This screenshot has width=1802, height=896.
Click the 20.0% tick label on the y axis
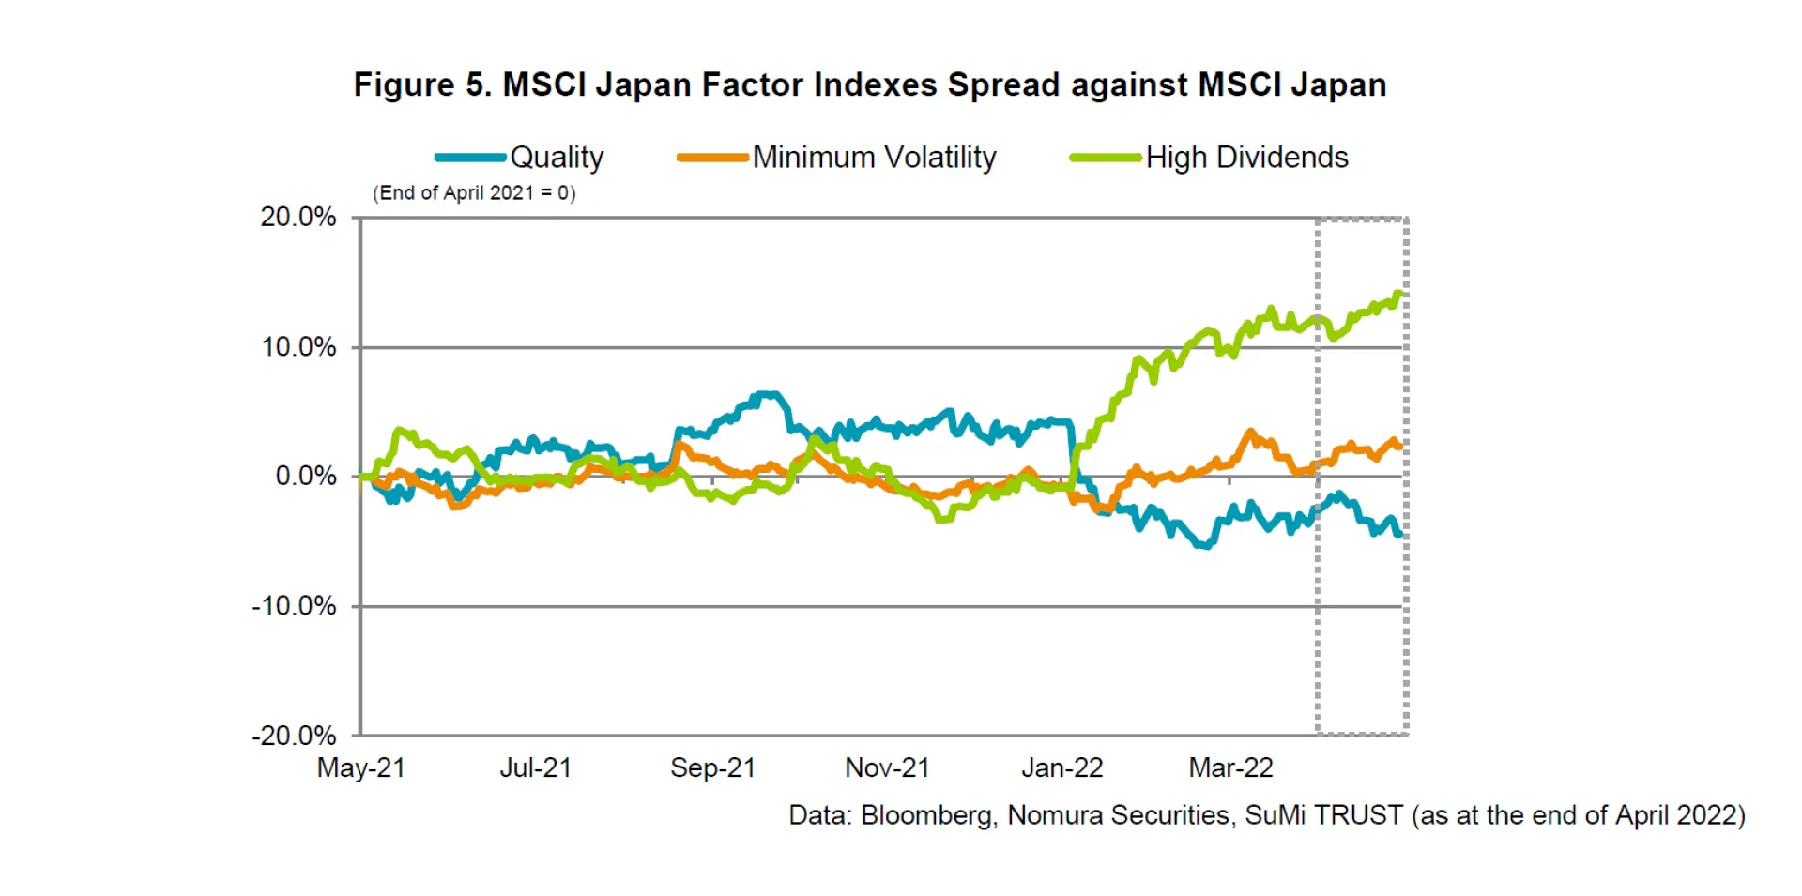click(x=298, y=217)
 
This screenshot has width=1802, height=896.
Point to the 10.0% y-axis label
click(x=298, y=347)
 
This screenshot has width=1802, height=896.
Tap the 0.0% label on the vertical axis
click(x=305, y=476)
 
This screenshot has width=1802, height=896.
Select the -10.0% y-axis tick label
click(x=294, y=606)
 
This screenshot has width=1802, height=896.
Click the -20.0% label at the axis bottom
click(x=294, y=736)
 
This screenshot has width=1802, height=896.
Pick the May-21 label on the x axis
click(x=360, y=768)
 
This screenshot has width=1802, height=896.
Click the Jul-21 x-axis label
click(x=535, y=768)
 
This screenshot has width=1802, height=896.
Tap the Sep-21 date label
click(x=712, y=768)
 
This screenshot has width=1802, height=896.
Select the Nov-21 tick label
click(x=887, y=768)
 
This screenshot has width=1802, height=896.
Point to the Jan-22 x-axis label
click(x=1061, y=768)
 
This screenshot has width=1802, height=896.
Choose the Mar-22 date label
click(x=1230, y=768)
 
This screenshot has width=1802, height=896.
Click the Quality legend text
click(x=557, y=158)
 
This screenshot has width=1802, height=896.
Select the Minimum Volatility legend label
click(x=874, y=158)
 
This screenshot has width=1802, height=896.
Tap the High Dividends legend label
click(x=1246, y=158)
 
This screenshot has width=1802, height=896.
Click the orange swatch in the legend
click(x=712, y=158)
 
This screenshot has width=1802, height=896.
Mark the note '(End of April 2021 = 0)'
click(x=474, y=193)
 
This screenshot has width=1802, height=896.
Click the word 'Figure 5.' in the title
click(x=421, y=84)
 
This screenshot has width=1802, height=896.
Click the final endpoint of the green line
click(x=1401, y=295)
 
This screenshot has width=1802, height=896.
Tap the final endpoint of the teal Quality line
click(x=1400, y=534)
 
